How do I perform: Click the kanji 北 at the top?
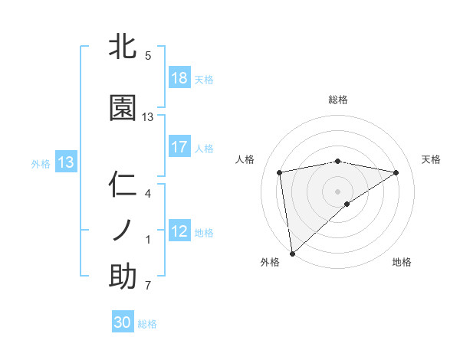click(x=123, y=47)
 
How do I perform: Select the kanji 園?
click(x=123, y=109)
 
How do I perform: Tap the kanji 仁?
click(x=123, y=185)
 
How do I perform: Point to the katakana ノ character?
click(x=123, y=231)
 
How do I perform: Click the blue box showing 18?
click(x=179, y=79)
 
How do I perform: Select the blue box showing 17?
click(x=179, y=148)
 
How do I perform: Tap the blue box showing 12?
click(x=179, y=232)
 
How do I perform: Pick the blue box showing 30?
click(x=123, y=322)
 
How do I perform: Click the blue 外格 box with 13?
click(x=65, y=162)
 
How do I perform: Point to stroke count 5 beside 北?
click(x=148, y=56)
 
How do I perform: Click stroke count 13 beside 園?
click(x=148, y=117)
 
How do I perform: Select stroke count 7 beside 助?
click(x=148, y=286)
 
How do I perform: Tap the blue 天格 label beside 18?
click(x=204, y=80)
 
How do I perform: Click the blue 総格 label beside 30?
click(x=147, y=324)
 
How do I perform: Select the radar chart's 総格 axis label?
click(x=338, y=100)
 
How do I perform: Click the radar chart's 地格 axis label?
click(x=402, y=262)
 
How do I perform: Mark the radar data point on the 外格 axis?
click(x=291, y=253)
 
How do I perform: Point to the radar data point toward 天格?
click(x=396, y=172)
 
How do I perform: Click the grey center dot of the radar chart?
click(x=338, y=190)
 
